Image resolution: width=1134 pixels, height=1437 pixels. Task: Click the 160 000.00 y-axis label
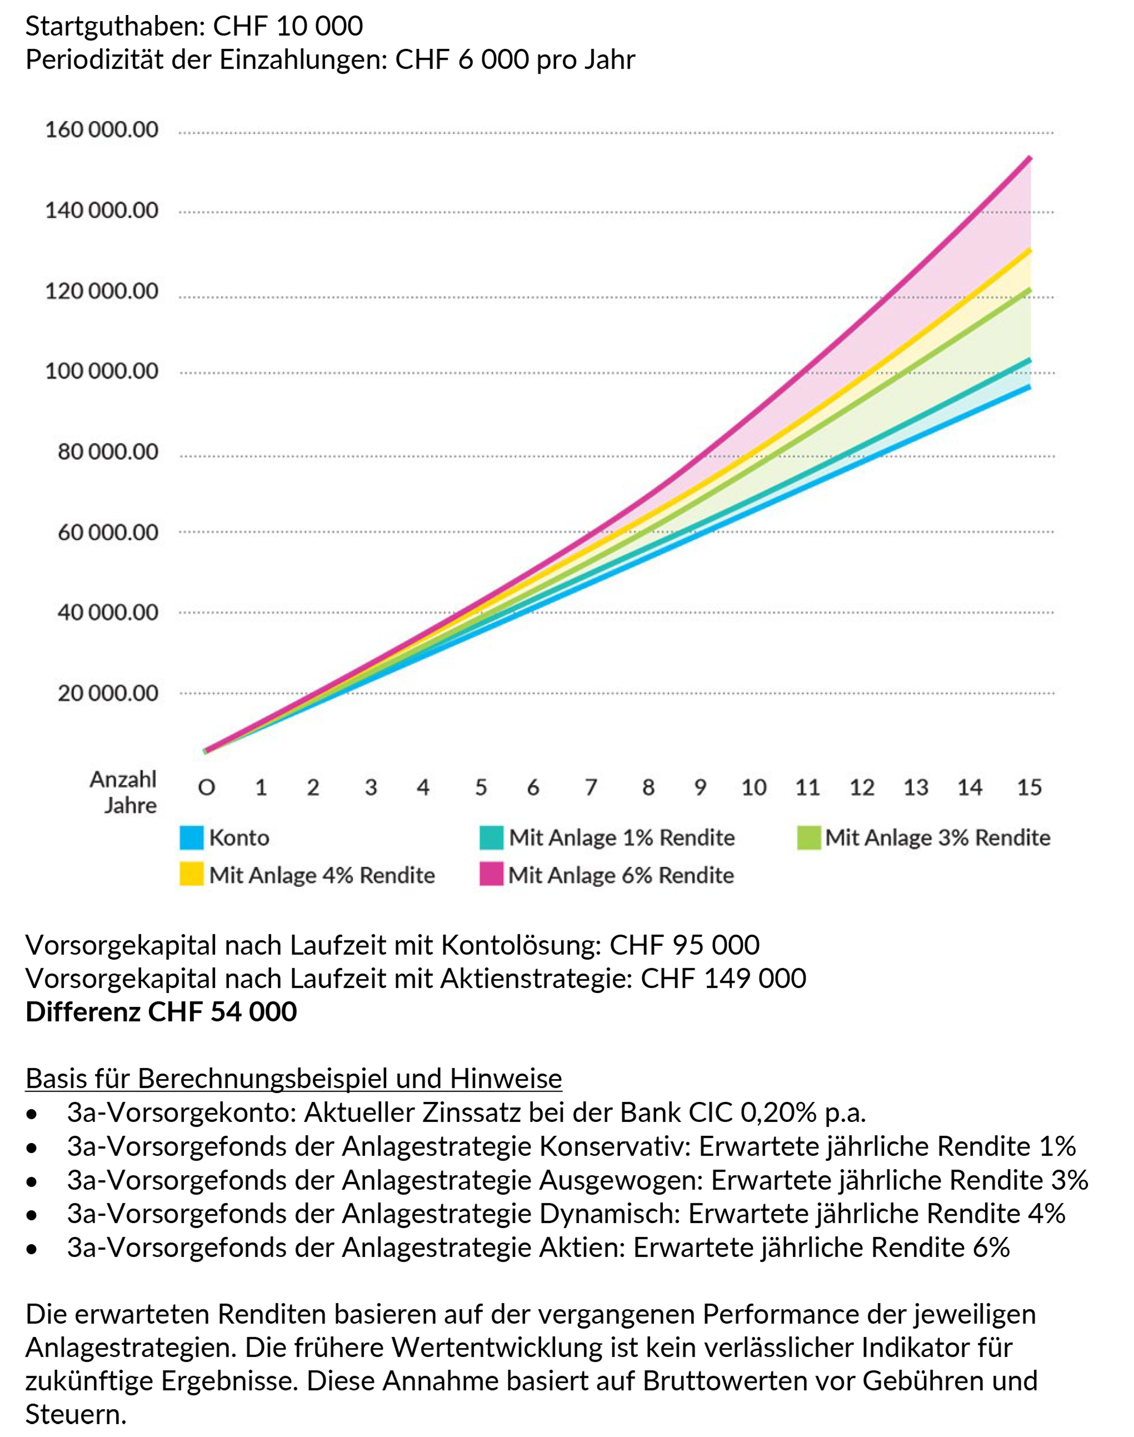point(102,129)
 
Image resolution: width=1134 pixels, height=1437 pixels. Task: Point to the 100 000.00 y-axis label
point(102,371)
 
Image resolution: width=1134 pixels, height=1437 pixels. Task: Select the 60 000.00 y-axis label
point(108,532)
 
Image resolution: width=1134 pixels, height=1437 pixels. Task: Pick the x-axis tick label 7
point(590,787)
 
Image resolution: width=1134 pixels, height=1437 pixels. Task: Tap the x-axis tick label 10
point(754,787)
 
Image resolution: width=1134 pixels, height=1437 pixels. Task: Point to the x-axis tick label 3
point(371,787)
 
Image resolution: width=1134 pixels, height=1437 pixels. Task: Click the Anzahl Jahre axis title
point(124,791)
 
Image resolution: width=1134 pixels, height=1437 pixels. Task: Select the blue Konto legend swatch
point(191,837)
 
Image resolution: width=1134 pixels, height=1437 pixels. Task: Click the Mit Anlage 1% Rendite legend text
point(622,837)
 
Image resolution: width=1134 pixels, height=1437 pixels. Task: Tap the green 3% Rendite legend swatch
point(809,837)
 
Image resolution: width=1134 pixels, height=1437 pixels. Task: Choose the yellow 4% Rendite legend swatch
point(191,874)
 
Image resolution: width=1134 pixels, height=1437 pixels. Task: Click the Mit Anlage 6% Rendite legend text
point(621,874)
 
